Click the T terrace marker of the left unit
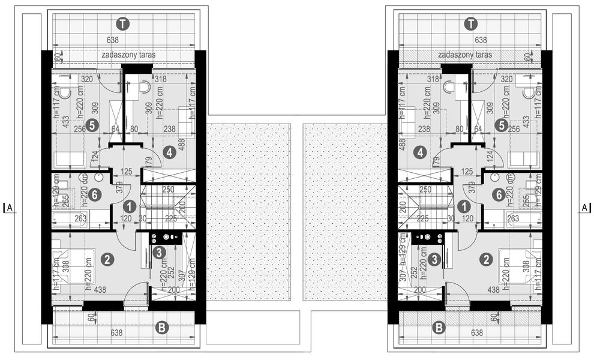tap(123, 24)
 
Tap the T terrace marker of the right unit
tap(471, 24)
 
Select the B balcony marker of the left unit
tap(161, 328)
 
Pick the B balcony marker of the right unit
tap(439, 328)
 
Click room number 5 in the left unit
tap(91, 125)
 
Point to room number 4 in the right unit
tap(422, 152)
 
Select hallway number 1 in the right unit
tap(464, 206)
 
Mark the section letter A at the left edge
tap(10, 208)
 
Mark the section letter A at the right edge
tap(584, 208)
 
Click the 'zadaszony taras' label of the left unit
tap(129, 55)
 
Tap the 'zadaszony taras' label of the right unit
tap(465, 55)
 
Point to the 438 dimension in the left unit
tap(101, 289)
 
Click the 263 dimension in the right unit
tap(512, 219)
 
